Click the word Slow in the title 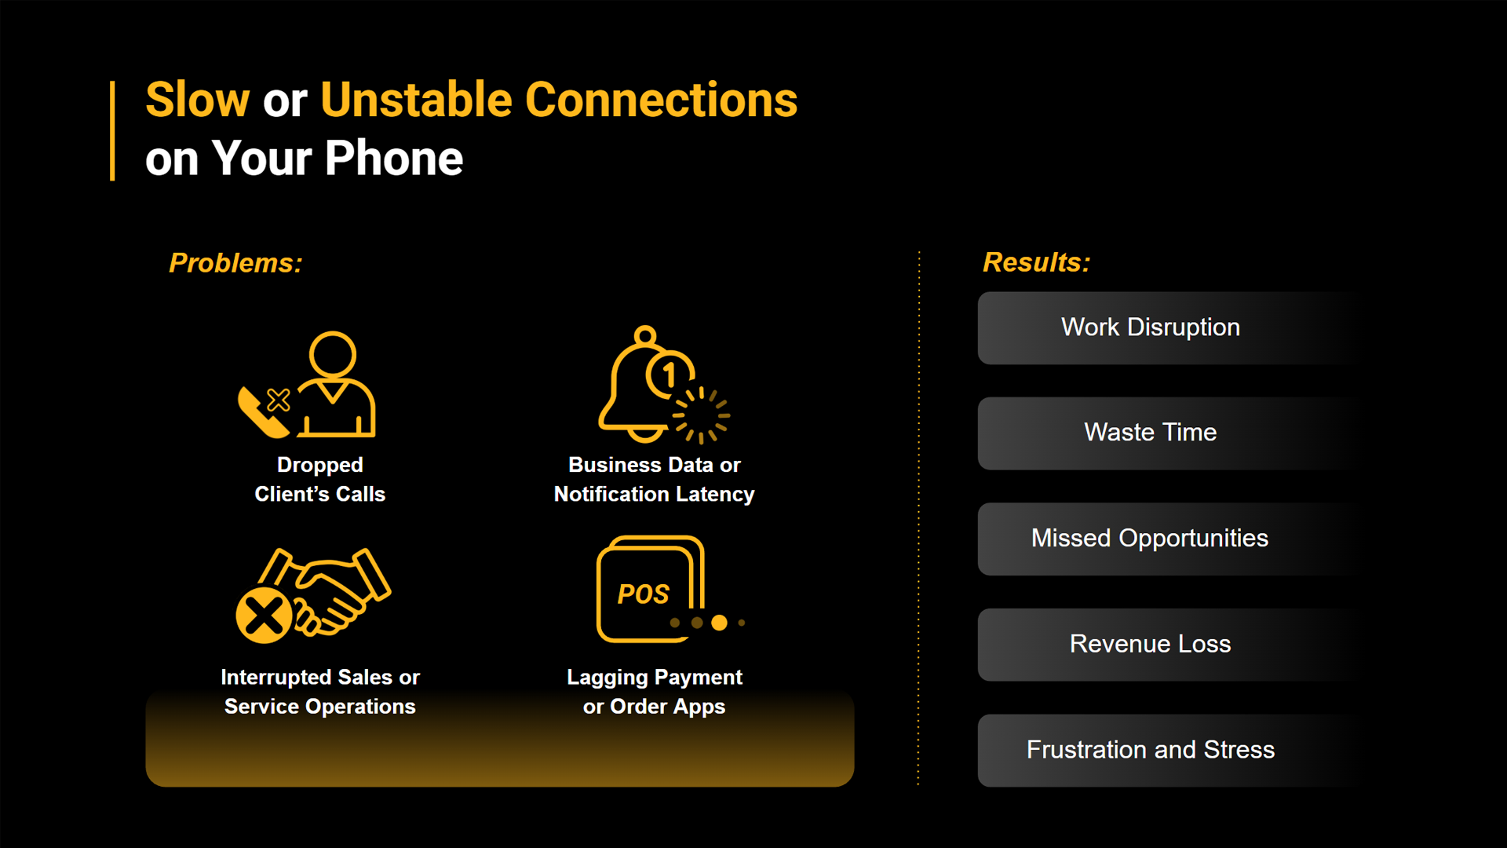pos(198,100)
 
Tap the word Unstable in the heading pos(416,100)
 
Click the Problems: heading pos(235,263)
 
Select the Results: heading pos(1037,262)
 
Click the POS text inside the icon pos(644,594)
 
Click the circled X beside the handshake pos(264,616)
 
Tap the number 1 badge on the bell pos(670,375)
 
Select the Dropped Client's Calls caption pos(320,480)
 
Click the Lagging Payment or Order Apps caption pos(655,692)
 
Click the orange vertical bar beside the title pos(113,130)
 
